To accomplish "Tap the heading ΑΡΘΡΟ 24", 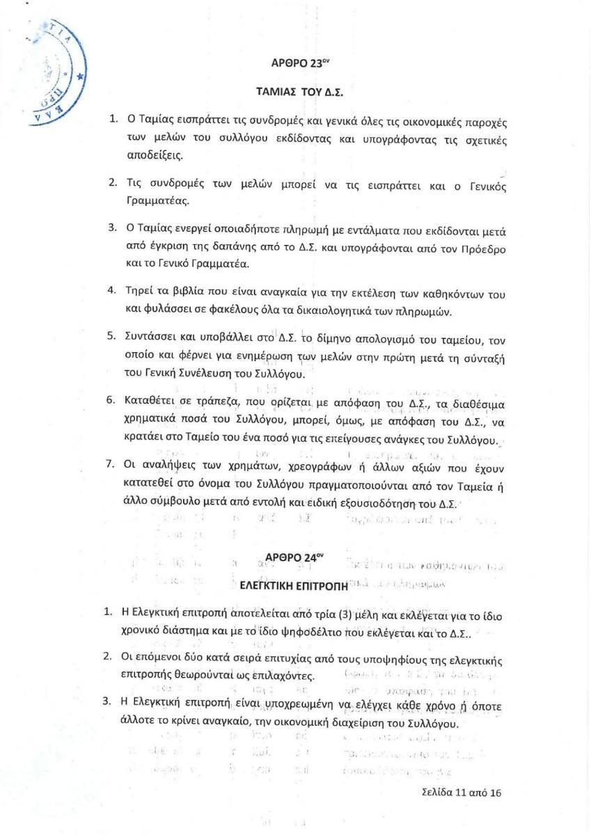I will click(295, 557).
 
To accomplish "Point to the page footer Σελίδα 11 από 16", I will click(462, 792).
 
